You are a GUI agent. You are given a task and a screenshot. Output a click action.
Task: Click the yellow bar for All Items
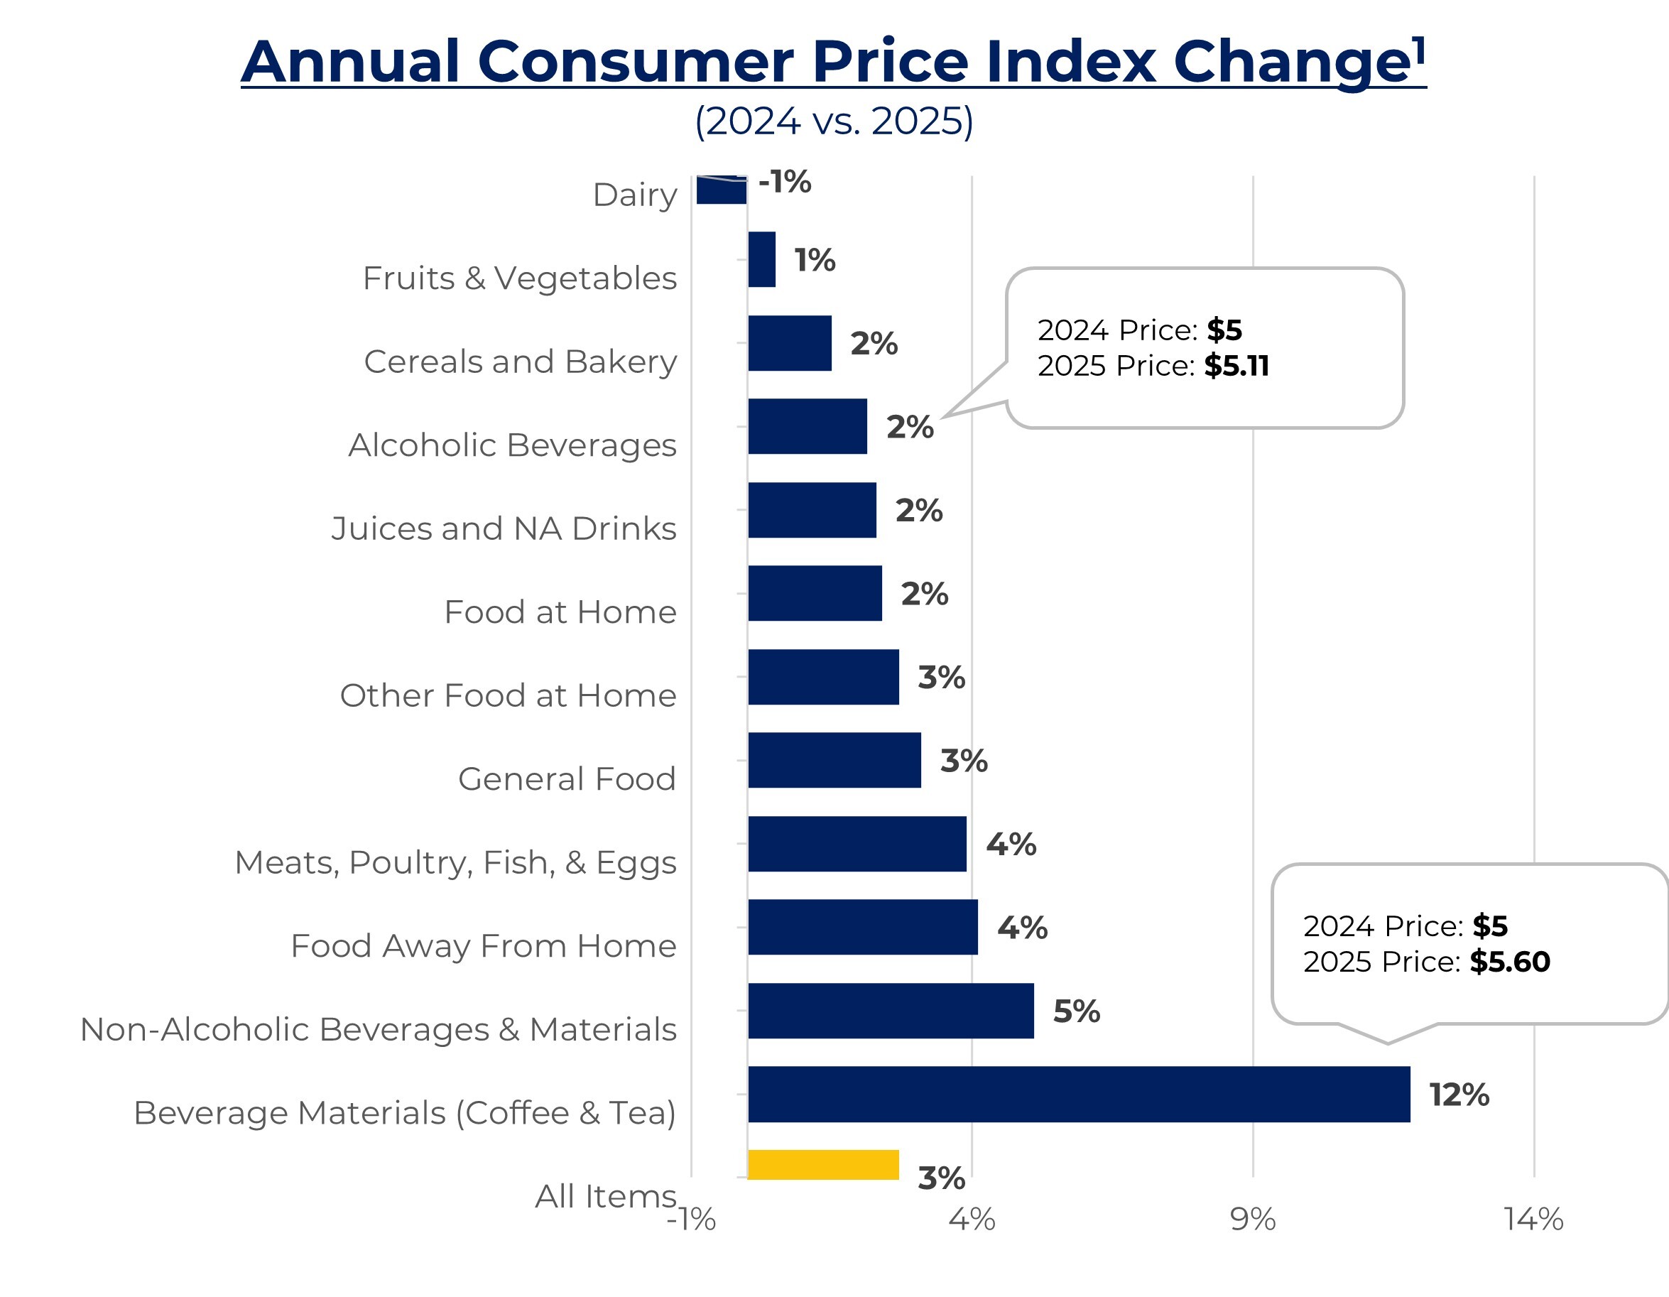tap(823, 1164)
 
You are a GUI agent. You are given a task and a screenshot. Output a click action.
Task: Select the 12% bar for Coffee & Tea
tap(1078, 1094)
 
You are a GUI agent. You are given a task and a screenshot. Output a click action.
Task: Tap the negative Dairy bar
tap(722, 190)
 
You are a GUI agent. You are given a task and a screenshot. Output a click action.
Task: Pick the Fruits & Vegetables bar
tap(761, 259)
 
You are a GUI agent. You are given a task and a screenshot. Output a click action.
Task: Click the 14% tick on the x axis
tap(1533, 1219)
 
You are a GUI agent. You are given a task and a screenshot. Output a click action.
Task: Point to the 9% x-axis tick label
tap(1253, 1219)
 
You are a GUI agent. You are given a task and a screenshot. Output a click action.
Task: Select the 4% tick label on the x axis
tap(972, 1219)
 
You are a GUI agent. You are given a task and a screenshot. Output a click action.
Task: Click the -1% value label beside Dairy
tap(785, 182)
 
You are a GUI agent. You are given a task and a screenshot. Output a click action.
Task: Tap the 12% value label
tap(1459, 1095)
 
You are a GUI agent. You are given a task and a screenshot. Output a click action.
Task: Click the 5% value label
tap(1076, 1011)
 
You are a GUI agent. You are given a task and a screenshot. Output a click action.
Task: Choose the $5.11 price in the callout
tap(1236, 366)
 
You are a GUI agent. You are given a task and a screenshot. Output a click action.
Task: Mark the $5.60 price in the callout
tap(1509, 962)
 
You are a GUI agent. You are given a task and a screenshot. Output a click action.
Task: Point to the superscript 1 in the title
tap(1419, 50)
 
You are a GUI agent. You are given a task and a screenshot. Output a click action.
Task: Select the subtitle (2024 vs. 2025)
tap(834, 121)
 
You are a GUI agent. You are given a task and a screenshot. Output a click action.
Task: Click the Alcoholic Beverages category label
tap(512, 445)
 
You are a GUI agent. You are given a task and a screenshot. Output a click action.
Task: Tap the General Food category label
tap(567, 778)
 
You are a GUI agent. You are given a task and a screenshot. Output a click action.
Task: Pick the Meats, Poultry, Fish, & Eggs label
tap(455, 862)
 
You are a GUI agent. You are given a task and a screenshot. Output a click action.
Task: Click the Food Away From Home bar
tap(863, 927)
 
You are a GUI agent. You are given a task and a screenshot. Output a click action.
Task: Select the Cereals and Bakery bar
tap(790, 343)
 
